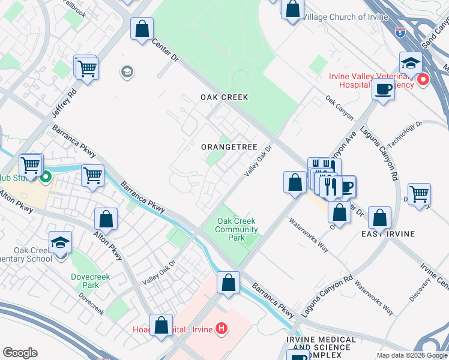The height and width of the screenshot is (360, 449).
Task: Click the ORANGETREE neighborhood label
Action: [229, 147]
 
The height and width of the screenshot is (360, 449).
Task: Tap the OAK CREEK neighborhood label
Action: [224, 97]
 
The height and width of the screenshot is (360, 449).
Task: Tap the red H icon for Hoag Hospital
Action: [221, 328]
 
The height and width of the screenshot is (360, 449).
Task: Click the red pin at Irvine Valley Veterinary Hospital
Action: [423, 79]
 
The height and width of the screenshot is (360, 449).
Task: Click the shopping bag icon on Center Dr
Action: [142, 29]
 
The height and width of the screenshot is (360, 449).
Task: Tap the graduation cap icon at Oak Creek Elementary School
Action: [60, 244]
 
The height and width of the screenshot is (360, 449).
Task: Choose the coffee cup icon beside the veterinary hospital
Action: [382, 89]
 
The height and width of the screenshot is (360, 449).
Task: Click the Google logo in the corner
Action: [20, 353]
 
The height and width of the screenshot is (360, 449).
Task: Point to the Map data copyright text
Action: [412, 355]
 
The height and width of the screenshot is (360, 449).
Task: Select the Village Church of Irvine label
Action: [345, 17]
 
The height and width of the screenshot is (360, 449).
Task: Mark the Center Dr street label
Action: [166, 51]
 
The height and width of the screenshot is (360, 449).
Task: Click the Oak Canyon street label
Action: [339, 107]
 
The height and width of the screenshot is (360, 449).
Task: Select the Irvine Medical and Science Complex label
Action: [321, 344]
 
